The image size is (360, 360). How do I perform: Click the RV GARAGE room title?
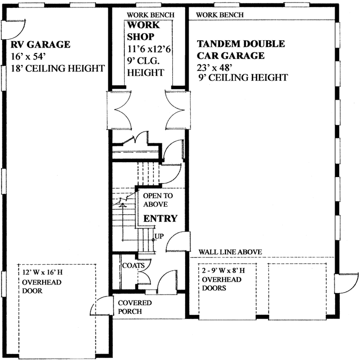point(40,45)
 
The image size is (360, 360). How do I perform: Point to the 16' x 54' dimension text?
point(27,57)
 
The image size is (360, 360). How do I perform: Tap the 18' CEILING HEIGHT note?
point(58,68)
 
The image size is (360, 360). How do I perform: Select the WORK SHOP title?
point(143,31)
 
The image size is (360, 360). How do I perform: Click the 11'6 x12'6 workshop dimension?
point(149,49)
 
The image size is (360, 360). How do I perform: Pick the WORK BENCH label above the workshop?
point(150,15)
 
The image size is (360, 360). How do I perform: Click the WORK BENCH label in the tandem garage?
point(220,15)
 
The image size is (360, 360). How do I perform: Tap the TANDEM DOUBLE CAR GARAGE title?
point(241,50)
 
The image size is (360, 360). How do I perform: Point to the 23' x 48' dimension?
point(214,68)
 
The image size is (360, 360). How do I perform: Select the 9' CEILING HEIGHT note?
point(243,77)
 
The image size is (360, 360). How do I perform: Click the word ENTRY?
point(160,218)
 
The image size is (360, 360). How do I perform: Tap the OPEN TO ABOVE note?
point(158,200)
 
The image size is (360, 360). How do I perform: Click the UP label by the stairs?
point(159,236)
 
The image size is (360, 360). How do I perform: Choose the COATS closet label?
point(134,265)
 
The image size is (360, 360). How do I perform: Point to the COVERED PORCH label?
point(135,307)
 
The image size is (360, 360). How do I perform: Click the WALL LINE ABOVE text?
point(230,252)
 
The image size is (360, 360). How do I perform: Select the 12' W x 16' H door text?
point(43,272)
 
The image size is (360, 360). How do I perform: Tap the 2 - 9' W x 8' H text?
point(223,271)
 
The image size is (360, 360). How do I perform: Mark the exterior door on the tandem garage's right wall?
point(347,284)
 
